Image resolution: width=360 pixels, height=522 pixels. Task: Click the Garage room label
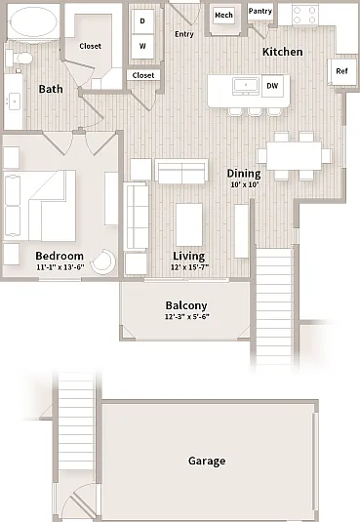pos(207,461)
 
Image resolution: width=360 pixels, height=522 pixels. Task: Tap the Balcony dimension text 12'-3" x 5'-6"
pos(186,316)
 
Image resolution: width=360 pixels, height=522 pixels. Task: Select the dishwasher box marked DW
pos(272,86)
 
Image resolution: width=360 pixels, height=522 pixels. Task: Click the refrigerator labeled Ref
pos(341,71)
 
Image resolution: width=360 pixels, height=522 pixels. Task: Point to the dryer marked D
pos(142,20)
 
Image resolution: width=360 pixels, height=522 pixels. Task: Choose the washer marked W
pos(142,46)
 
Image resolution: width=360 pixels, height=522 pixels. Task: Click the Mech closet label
pos(223,15)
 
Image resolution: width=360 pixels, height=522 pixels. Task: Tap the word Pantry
pos(260,11)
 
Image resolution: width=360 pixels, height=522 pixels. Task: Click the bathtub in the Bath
pos(32,22)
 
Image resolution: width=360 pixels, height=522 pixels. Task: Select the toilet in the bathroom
pos(20,59)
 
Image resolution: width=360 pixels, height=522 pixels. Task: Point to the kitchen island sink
pos(246,86)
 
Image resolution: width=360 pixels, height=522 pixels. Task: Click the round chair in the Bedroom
pos(104,261)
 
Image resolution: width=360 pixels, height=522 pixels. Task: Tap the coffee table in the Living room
pos(189,224)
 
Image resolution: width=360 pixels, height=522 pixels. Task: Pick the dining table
pos(294,156)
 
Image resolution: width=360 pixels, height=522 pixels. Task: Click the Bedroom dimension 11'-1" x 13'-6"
pos(60,267)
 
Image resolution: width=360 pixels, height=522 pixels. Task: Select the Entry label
pos(184,34)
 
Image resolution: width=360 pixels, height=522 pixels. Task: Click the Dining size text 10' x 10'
pos(245,184)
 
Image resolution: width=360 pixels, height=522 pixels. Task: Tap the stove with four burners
pos(305,15)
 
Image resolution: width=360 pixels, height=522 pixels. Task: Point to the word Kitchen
pos(282,52)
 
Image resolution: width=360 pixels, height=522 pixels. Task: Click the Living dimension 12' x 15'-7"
pos(190,267)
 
